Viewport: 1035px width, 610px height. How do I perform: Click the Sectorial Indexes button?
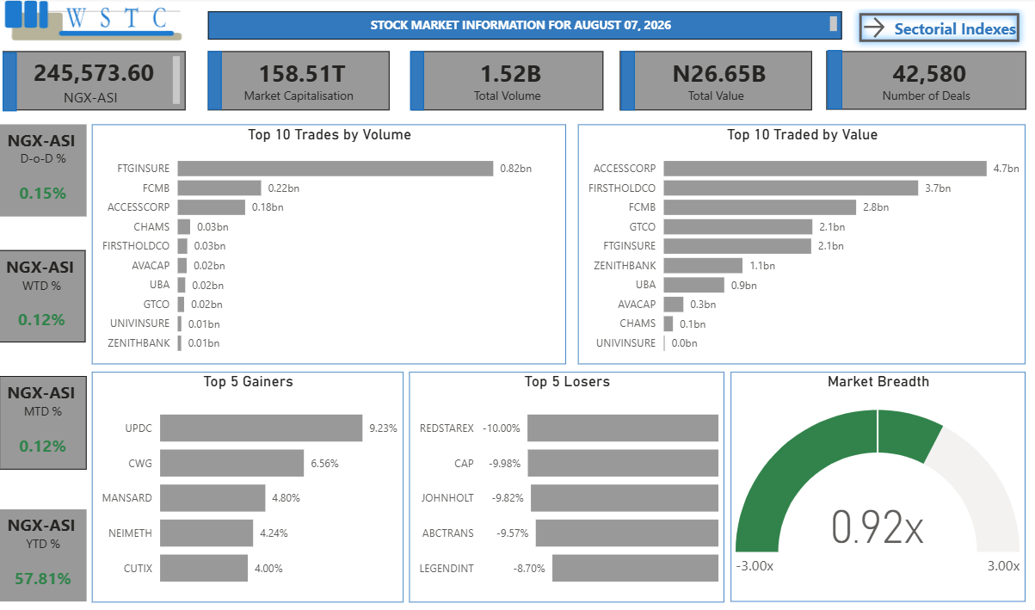point(939,28)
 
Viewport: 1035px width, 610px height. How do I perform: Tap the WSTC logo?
point(93,21)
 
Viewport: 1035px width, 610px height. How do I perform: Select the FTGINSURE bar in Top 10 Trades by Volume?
point(335,169)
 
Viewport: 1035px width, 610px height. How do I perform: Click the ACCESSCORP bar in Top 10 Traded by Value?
point(825,169)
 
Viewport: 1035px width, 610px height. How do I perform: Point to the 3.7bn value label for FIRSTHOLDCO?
point(938,188)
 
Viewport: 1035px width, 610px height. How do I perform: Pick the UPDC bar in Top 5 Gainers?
point(261,428)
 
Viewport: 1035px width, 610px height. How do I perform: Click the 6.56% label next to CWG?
point(324,464)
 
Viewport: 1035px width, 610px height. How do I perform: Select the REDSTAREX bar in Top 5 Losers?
point(622,428)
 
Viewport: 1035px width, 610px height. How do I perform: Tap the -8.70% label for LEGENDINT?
point(529,569)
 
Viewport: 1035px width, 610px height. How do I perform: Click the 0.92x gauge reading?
point(877,527)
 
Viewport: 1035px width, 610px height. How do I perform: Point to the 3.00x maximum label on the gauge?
point(1003,566)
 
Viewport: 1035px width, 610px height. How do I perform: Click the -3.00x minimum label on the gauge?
point(755,566)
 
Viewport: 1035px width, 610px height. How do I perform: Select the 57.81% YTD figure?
point(42,578)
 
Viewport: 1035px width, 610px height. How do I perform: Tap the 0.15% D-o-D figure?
point(42,194)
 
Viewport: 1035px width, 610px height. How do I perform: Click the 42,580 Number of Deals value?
point(928,74)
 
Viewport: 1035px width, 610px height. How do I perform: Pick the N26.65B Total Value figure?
point(719,74)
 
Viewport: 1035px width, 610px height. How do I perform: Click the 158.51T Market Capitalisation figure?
point(302,74)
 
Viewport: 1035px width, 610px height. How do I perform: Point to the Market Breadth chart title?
point(878,382)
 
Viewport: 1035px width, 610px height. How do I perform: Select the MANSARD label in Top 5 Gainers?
point(127,498)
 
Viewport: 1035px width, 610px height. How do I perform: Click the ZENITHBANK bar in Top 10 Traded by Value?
point(703,266)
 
